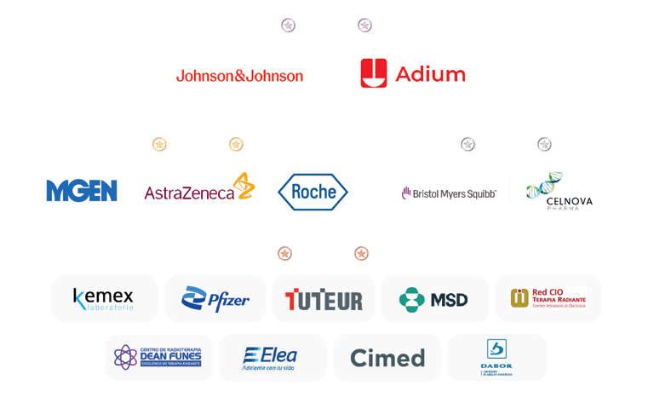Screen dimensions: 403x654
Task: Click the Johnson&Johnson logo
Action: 239,75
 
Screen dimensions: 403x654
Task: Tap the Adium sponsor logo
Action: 413,74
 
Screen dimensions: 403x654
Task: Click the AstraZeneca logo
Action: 198,190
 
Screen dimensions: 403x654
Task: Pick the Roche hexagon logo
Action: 314,192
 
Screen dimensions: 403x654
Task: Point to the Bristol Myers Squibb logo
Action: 449,193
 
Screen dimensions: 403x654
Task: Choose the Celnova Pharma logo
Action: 563,193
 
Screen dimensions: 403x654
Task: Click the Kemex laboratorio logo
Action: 104,298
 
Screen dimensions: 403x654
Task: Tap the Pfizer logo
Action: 215,298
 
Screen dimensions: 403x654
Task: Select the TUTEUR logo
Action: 324,299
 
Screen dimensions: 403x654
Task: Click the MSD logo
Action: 434,299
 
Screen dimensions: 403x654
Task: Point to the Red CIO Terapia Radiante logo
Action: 548,298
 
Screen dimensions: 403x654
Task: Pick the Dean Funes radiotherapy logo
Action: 158,357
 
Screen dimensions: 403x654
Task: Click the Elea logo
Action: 272,357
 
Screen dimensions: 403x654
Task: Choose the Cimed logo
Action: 387,357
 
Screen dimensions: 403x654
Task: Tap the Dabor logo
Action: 496,357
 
